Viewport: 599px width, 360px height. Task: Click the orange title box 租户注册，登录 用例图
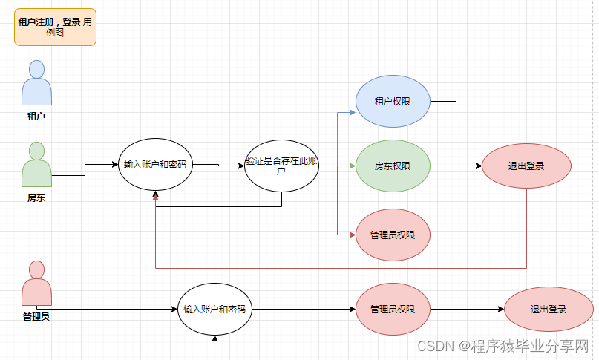[55, 27]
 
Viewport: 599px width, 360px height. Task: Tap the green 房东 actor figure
[36, 164]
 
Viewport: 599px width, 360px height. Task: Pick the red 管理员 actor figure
[36, 284]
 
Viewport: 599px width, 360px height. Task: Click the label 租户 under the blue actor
[36, 116]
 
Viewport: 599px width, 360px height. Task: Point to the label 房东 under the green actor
[36, 197]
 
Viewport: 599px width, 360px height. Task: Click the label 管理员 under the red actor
[36, 316]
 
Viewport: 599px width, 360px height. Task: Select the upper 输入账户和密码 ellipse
[155, 165]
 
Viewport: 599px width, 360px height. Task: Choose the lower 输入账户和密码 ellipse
[215, 309]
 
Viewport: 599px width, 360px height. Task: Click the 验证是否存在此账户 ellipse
[281, 165]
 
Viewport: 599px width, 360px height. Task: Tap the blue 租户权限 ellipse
[393, 101]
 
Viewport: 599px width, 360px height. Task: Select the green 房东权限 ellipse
[393, 166]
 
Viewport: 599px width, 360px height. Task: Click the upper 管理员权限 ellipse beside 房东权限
[393, 235]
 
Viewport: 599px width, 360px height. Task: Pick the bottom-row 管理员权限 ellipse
[393, 309]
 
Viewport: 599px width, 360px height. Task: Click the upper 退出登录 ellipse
[526, 166]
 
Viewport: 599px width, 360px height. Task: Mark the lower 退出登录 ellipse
[549, 309]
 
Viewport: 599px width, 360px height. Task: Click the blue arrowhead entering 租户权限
[353, 112]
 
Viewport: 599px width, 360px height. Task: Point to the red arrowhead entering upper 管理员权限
[353, 235]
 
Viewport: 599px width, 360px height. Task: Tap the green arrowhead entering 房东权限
[353, 166]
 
